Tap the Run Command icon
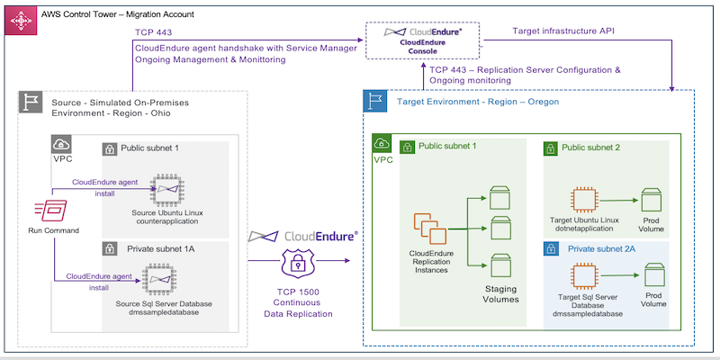[51, 212]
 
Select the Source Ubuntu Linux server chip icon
[166, 192]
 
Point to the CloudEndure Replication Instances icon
[430, 229]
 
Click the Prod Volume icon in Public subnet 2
[650, 200]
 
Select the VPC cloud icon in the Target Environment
[382, 145]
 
